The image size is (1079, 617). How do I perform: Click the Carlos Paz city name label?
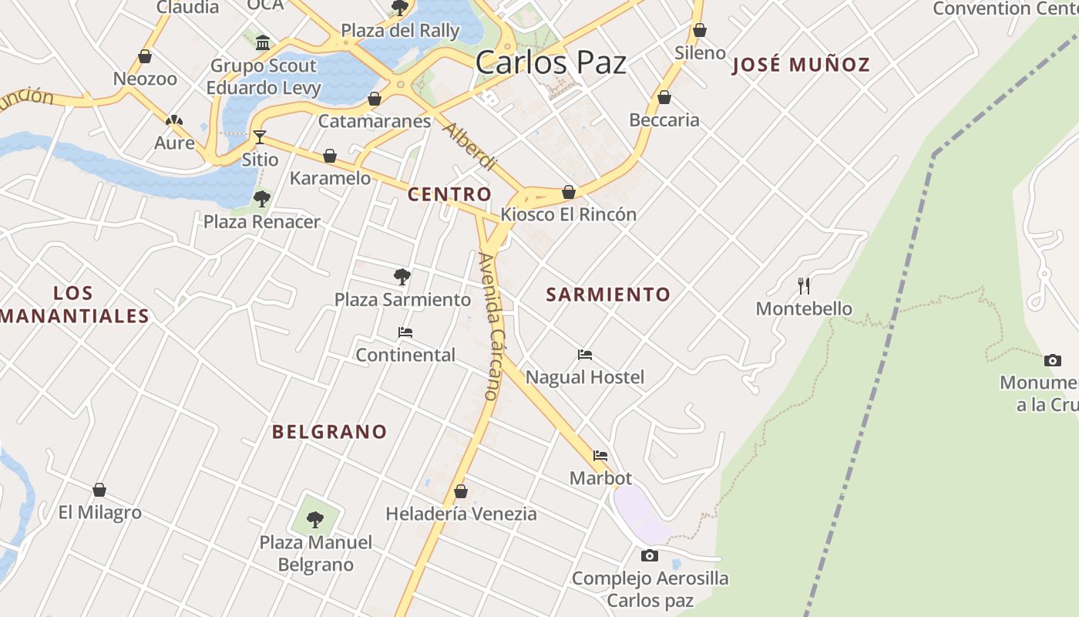pos(550,62)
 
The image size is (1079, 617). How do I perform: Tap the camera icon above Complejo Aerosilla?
pos(650,555)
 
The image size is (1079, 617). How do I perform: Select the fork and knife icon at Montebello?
pos(804,286)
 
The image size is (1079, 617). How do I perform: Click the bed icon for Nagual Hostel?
pos(585,355)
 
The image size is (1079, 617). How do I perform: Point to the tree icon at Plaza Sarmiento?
pos(402,277)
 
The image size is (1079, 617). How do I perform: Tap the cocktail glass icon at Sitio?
pos(260,137)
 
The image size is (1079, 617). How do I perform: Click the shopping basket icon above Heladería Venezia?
pos(461,491)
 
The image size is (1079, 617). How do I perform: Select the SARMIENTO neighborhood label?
pos(608,294)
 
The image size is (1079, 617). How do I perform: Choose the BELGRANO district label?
pos(329,432)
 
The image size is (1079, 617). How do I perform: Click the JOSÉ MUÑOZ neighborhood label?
pos(801,65)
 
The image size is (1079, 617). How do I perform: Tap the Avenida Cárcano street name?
pos(490,326)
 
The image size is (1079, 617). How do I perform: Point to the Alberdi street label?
pos(469,147)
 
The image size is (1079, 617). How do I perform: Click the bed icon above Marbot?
pos(600,456)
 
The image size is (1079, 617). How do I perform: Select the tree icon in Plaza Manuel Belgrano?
pos(314,519)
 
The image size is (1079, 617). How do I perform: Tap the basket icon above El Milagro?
pos(99,490)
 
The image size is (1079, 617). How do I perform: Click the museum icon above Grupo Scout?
pos(263,42)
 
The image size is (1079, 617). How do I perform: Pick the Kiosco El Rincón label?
pos(569,214)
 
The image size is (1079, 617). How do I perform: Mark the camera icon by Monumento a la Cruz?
pos(1052,360)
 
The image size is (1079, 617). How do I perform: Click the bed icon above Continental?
pos(405,332)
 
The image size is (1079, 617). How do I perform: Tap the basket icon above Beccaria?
pos(664,97)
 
